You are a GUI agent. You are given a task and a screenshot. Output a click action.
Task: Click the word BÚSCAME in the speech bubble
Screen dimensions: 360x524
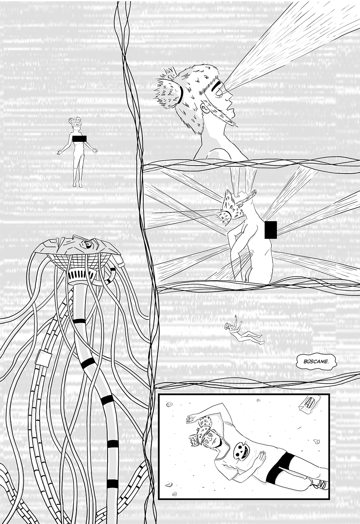pos(316,361)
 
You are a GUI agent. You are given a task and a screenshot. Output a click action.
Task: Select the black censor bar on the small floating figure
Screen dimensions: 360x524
pos(80,139)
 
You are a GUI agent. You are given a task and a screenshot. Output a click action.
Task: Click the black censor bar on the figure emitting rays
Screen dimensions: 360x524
pos(271,230)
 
